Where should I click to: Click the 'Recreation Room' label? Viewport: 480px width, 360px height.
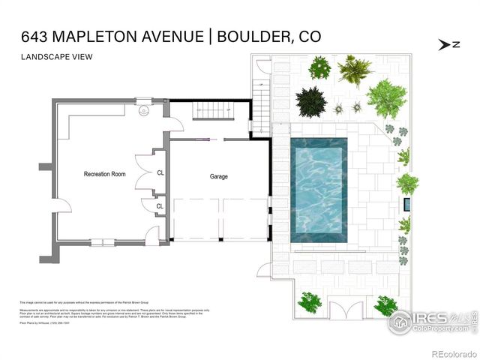pos(104,174)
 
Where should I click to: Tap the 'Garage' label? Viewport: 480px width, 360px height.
pos(218,177)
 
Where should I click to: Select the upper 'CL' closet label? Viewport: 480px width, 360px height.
pos(160,172)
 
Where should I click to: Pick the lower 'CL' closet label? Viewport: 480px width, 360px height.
pos(160,206)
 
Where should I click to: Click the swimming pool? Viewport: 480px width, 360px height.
pos(318,190)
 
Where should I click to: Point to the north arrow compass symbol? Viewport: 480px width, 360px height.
pos(449,44)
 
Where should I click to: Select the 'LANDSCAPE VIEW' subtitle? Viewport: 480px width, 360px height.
pos(52,57)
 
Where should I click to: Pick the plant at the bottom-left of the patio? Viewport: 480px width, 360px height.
pos(310,302)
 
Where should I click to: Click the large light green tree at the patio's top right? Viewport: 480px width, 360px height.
pos(385,98)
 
